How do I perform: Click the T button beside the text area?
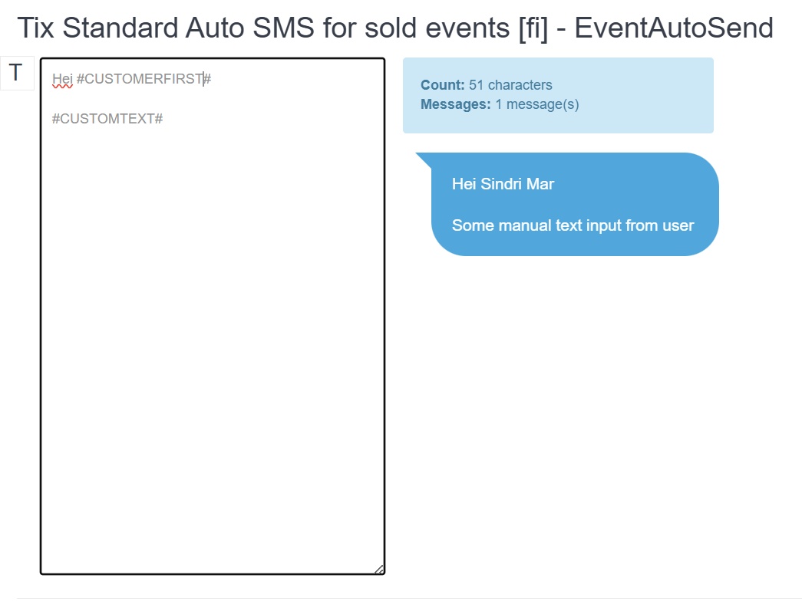pos(17,73)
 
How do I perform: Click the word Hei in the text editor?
pos(62,79)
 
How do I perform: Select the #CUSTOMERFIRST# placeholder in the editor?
pos(144,79)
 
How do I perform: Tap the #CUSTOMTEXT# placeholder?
pos(107,119)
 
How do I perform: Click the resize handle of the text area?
pos(379,569)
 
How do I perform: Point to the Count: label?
pos(442,85)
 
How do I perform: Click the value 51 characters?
pos(510,85)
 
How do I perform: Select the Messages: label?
pos(456,104)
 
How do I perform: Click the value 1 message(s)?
pos(537,105)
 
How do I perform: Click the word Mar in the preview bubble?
pos(540,184)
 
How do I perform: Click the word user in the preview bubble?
pos(678,226)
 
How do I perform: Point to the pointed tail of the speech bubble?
pos(416,153)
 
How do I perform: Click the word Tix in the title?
pos(36,28)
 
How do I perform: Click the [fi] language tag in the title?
pos(533,28)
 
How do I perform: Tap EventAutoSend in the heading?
pos(674,28)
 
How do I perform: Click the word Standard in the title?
pos(120,28)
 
